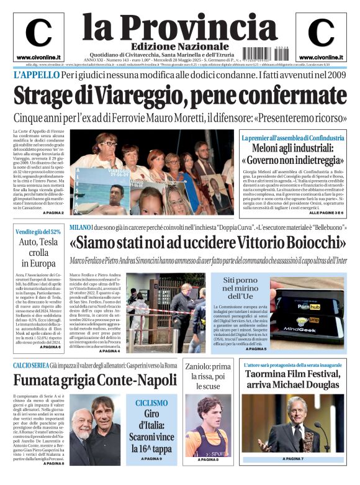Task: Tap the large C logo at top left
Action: (x=38, y=33)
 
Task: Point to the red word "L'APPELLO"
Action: (x=36, y=75)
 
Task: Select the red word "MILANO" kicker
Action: (x=81, y=228)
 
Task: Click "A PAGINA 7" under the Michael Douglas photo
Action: (x=292, y=459)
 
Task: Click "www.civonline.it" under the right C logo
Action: (x=321, y=57)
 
